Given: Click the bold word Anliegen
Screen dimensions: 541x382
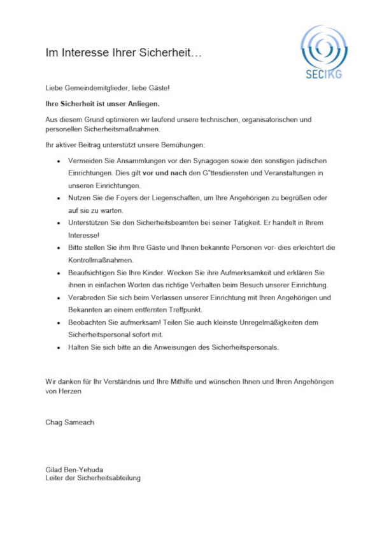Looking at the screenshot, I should click(x=141, y=103).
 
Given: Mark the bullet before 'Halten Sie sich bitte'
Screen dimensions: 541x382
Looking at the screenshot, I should click(x=59, y=347).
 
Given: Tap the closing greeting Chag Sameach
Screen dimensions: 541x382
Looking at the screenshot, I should click(x=68, y=422).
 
